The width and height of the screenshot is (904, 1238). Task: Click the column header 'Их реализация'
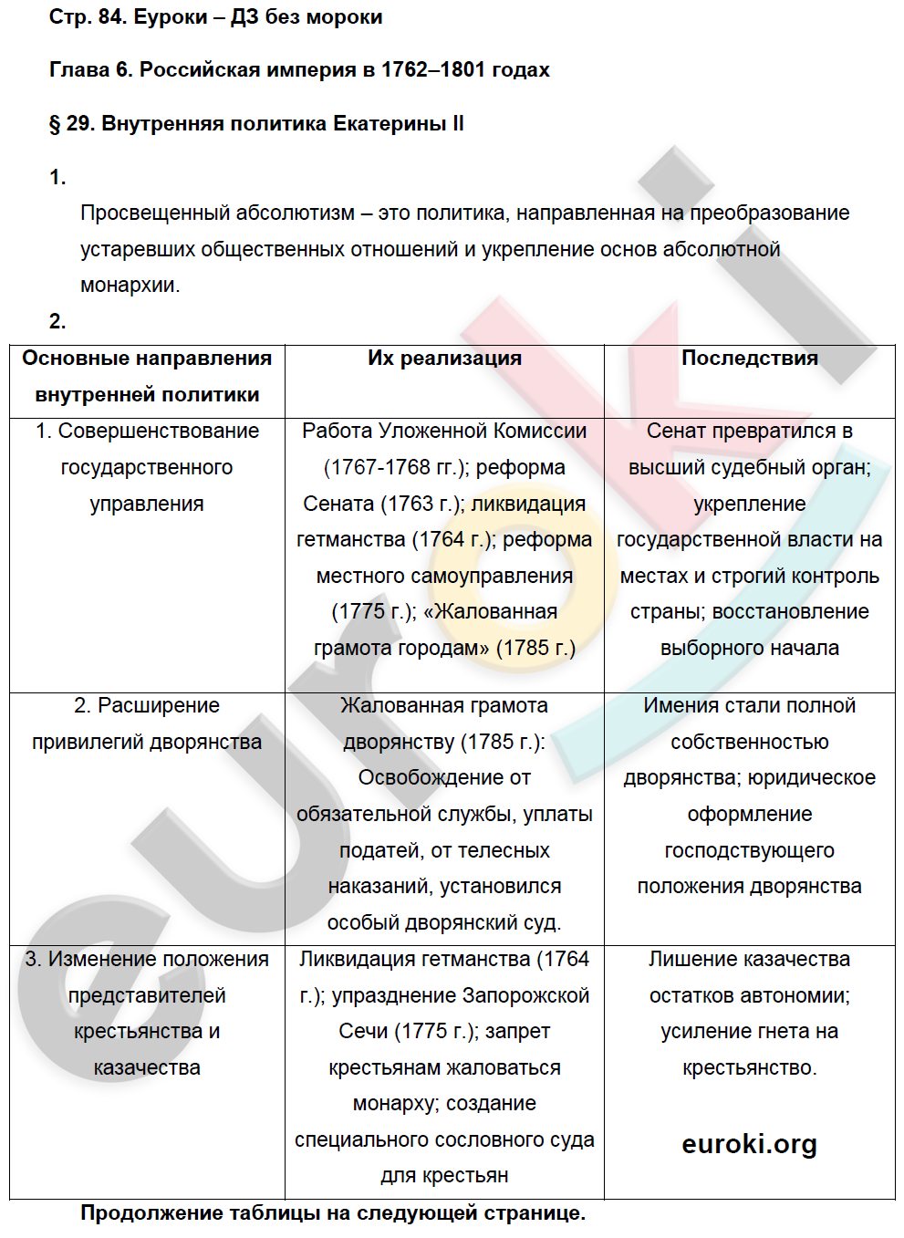(x=444, y=359)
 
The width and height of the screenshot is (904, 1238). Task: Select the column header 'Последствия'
(x=749, y=359)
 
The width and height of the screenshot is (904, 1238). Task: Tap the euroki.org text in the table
(x=749, y=1144)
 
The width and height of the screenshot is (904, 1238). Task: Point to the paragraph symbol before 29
(x=55, y=124)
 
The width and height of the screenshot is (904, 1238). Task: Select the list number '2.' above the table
(x=57, y=321)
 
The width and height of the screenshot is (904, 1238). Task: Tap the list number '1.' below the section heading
(x=57, y=178)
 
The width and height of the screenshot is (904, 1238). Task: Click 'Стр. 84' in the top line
(x=87, y=17)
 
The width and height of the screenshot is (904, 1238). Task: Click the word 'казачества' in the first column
(x=147, y=1068)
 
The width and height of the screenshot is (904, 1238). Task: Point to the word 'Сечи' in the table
(x=363, y=1032)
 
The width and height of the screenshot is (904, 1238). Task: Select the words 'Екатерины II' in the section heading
(x=399, y=124)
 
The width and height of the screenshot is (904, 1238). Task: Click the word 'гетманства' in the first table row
(x=350, y=540)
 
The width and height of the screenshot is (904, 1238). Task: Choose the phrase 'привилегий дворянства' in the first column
(x=147, y=743)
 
